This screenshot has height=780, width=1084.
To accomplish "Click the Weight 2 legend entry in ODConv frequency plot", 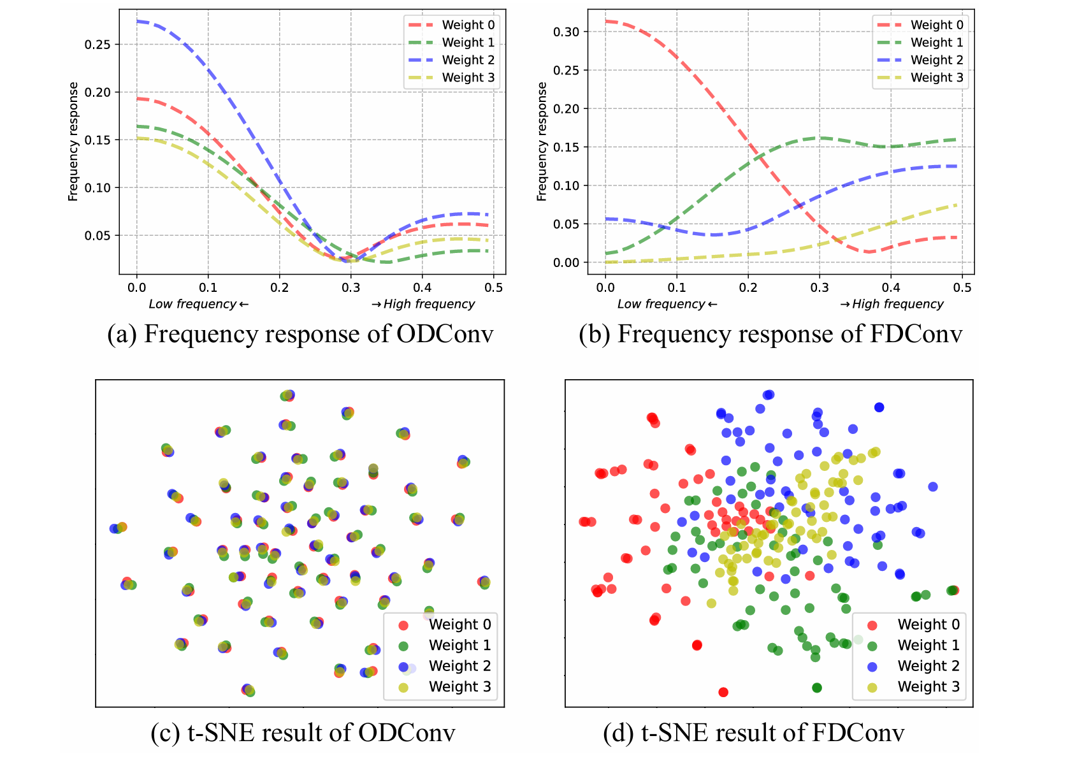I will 468,60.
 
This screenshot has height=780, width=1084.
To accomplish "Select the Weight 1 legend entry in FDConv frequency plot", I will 936,43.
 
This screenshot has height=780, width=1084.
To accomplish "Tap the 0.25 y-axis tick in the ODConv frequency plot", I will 98,45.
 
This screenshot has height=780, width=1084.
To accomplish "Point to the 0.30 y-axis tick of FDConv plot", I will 566,32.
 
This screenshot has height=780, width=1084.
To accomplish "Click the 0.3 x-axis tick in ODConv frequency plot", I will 350,288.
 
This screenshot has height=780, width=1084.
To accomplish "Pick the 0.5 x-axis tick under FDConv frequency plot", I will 962,288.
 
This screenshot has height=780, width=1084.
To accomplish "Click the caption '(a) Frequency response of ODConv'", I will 300,335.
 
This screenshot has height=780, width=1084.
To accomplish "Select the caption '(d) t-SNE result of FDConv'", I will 753,733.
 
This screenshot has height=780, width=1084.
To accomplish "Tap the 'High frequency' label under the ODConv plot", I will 424,304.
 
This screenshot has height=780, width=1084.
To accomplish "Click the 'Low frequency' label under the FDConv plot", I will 667,304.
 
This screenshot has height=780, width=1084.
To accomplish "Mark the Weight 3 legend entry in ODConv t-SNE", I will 459,686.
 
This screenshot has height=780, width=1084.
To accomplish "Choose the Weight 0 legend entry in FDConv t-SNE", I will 928,625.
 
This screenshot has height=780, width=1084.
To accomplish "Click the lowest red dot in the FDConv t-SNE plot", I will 723,692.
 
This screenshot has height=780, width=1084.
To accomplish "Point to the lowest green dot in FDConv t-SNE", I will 817,688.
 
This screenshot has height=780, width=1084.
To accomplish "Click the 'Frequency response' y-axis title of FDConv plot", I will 542,141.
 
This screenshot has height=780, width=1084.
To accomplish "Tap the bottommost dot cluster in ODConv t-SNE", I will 248,690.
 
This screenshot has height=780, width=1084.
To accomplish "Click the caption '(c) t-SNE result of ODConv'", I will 303,733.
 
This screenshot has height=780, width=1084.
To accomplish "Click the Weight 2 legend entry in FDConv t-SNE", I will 928,666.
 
